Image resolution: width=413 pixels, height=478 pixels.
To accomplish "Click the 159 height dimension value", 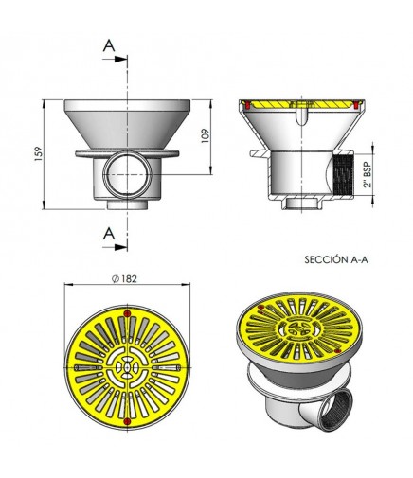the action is coord(39,154).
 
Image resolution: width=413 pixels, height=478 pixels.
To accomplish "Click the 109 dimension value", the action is coord(206,135).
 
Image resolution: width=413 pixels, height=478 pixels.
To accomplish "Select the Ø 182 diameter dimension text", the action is coord(124,279).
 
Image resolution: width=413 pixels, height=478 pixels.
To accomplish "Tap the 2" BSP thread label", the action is coord(368,175).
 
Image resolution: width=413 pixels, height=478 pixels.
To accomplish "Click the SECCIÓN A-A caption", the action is coord(336,259).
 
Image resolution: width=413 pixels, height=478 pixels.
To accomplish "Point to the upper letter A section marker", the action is coord(109,46).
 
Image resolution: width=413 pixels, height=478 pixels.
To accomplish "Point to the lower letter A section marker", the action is coord(109,234).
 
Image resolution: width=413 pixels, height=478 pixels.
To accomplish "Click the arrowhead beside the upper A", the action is coord(121,59).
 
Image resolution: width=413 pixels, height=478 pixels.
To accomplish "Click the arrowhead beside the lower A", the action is coord(121,247).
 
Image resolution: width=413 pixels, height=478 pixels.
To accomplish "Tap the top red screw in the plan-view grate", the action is coord(127,313).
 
